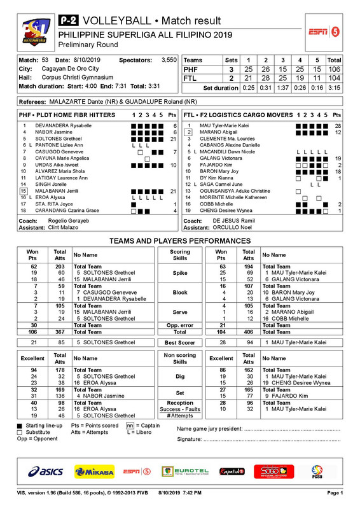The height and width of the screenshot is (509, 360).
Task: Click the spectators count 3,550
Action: point(169,59)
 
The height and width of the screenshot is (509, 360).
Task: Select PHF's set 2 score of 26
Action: point(267,69)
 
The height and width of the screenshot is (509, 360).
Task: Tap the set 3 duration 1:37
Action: point(284,87)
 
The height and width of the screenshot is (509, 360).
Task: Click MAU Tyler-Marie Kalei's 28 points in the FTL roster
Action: point(338,126)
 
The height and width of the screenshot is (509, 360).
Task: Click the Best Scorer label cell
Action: point(180,343)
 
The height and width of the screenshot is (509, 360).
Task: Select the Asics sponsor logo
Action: point(45,472)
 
